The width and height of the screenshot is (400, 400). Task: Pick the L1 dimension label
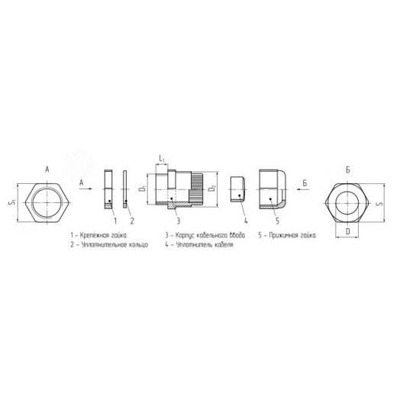click(x=162, y=159)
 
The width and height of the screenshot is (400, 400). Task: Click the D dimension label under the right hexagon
click(x=347, y=230)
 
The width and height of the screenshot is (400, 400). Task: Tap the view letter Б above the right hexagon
click(x=347, y=167)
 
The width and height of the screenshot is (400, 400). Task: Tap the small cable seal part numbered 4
click(x=237, y=188)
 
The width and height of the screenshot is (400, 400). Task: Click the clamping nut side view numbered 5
click(x=273, y=189)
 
